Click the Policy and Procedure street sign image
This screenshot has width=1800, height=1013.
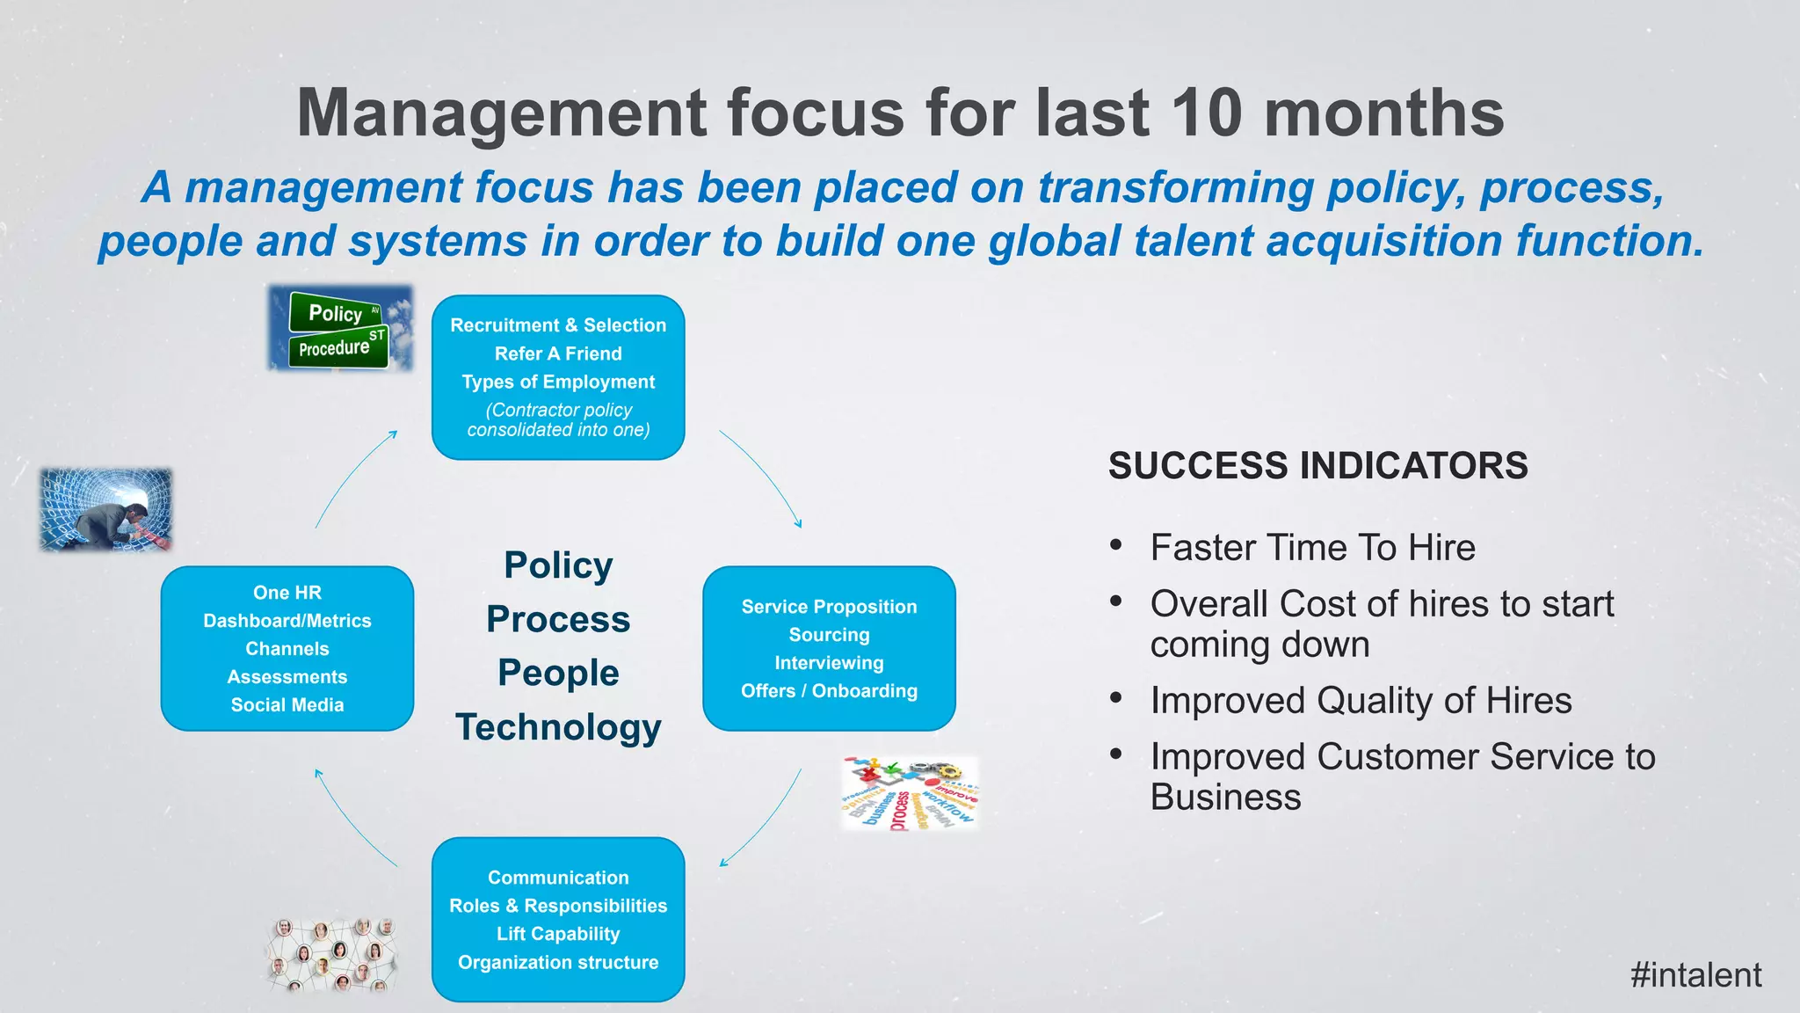tap(339, 329)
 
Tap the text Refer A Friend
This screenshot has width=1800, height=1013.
tap(558, 353)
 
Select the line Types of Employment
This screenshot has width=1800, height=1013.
tap(558, 382)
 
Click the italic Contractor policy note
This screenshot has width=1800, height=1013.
tap(558, 419)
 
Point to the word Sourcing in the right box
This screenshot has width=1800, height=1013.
tap(829, 635)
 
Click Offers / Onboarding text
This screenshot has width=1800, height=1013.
tap(829, 691)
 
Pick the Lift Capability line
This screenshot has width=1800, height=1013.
tap(558, 934)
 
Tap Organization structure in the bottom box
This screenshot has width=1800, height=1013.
tap(558, 962)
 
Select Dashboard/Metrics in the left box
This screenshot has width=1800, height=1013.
tap(287, 621)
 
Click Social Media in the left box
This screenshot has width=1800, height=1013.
tap(287, 705)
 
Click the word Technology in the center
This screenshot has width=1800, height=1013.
tap(558, 728)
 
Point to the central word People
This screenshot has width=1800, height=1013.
tap(558, 674)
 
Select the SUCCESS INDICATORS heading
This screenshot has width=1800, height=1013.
tap(1317, 466)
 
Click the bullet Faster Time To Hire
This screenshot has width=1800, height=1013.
tap(1312, 548)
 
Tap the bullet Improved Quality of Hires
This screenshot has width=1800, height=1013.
tap(1361, 701)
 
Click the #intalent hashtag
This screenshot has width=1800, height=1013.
tap(1695, 975)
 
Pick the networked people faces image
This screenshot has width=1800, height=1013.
tap(332, 956)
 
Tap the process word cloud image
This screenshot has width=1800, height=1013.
tap(910, 794)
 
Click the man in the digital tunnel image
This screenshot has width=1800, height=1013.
tap(105, 510)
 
